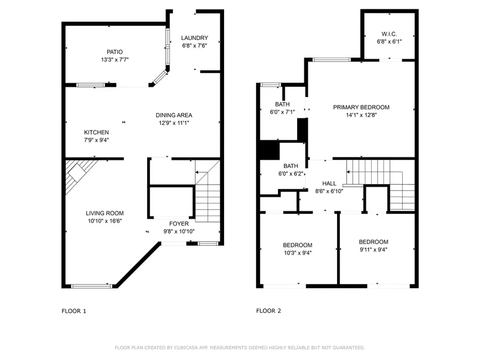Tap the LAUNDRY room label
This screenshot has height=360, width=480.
point(194,38)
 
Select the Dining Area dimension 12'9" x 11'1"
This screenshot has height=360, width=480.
point(174,123)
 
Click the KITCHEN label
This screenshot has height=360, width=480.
point(97,132)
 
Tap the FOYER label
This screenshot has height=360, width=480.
point(179,224)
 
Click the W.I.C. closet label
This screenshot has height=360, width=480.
point(389,34)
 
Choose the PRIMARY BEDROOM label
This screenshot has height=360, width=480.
point(361,107)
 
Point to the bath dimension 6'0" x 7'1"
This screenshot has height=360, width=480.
point(282,112)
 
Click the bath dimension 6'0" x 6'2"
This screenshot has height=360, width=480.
point(290,173)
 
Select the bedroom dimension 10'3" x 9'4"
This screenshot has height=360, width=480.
point(297,253)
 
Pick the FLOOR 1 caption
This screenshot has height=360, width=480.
point(74,310)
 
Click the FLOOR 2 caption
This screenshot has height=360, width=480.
point(268,310)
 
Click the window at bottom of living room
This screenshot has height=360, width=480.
point(92,286)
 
